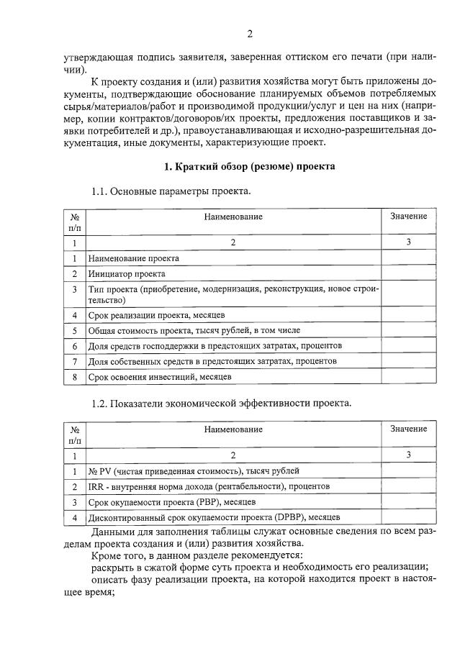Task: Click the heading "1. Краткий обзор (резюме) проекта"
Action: pos(250,167)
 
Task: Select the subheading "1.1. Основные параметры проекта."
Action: pos(171,191)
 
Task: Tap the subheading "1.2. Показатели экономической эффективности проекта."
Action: pos(221,403)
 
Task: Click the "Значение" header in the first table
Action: pos(408,217)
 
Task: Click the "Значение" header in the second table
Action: pos(408,429)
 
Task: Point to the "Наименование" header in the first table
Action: pos(233,217)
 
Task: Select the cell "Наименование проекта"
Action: pos(134,258)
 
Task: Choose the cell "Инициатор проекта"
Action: pos(127,274)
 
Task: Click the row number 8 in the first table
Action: pos(75,376)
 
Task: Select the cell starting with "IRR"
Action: pos(209,486)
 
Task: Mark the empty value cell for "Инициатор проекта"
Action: pos(408,274)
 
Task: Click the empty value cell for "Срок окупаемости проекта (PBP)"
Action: pos(408,501)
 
